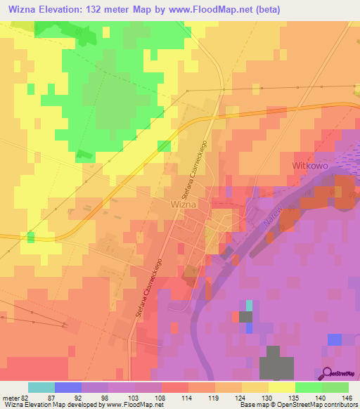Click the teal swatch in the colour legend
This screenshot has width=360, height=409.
41,387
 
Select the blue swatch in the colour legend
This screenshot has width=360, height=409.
68,387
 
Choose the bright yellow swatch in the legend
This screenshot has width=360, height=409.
282,387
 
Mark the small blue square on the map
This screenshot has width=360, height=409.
335,339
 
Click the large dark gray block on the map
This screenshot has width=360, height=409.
278,365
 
